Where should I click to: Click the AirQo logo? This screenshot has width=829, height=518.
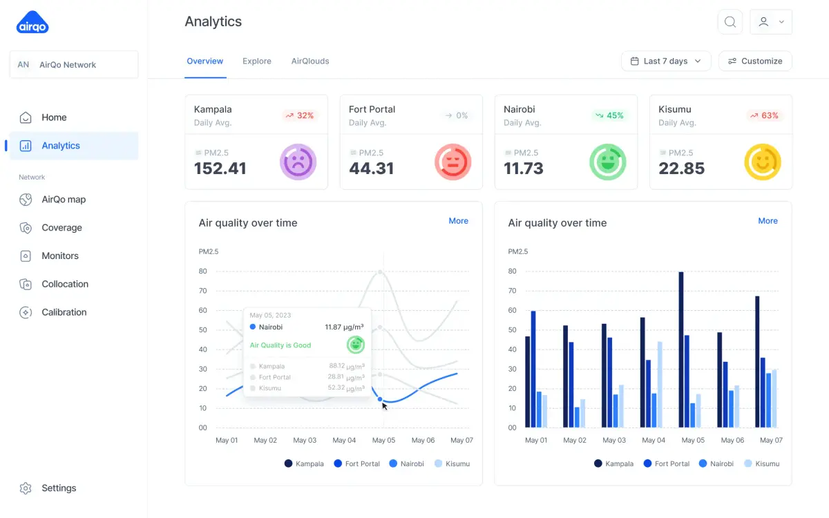pyautogui.click(x=32, y=23)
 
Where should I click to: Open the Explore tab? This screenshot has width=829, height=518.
pyautogui.click(x=257, y=61)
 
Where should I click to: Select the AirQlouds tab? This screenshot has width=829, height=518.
pyautogui.click(x=310, y=61)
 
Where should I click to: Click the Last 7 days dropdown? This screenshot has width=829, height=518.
pyautogui.click(x=666, y=61)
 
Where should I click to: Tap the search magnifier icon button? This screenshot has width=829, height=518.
pyautogui.click(x=730, y=22)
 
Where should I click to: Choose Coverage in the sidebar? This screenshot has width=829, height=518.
pyautogui.click(x=61, y=227)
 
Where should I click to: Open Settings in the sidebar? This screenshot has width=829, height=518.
pyautogui.click(x=59, y=488)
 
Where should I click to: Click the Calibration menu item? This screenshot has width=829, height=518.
pyautogui.click(x=64, y=312)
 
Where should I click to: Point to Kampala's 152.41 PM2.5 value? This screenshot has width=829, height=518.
pyautogui.click(x=220, y=169)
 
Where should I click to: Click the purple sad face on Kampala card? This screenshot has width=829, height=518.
pyautogui.click(x=298, y=162)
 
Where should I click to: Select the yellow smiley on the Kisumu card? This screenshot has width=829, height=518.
pyautogui.click(x=762, y=162)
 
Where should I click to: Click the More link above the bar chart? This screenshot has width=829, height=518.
pyautogui.click(x=768, y=221)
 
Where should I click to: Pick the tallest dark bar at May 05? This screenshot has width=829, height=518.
pyautogui.click(x=681, y=349)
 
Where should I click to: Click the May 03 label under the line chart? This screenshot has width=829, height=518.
pyautogui.click(x=305, y=440)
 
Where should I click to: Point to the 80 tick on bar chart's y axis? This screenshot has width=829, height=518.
pyautogui.click(x=513, y=271)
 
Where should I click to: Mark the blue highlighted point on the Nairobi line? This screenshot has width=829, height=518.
pyautogui.click(x=380, y=399)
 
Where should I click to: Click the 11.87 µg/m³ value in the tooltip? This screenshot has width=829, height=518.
pyautogui.click(x=344, y=327)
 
